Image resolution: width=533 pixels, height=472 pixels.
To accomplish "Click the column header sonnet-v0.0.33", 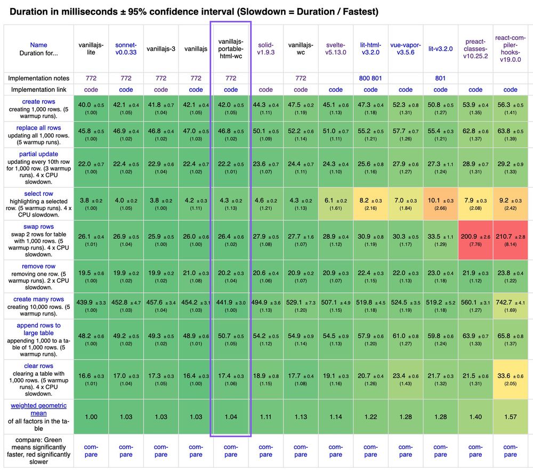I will click(x=126, y=49).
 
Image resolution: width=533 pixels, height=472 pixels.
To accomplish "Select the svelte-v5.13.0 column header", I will click(x=336, y=49).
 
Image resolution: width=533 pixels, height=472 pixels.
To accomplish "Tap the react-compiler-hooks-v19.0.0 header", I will click(x=510, y=49).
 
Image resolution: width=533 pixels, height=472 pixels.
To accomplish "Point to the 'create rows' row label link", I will click(x=38, y=101).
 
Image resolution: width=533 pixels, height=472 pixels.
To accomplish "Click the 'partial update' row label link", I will click(x=38, y=154).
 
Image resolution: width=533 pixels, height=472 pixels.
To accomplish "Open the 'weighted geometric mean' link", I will click(x=38, y=409).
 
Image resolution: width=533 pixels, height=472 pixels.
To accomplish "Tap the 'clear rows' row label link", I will click(x=38, y=366).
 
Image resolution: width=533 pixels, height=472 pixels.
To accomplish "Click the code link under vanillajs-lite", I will click(x=91, y=90).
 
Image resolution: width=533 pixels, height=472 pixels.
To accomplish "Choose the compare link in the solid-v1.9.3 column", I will click(x=265, y=451).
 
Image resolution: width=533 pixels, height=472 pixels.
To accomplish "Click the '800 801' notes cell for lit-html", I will click(x=370, y=78).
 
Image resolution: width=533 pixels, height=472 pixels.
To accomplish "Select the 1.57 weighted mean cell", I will click(x=510, y=417).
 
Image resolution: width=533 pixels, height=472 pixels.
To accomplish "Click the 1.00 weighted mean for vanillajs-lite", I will click(x=91, y=417).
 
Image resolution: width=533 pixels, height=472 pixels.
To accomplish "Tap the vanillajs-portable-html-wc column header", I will click(x=231, y=49).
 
